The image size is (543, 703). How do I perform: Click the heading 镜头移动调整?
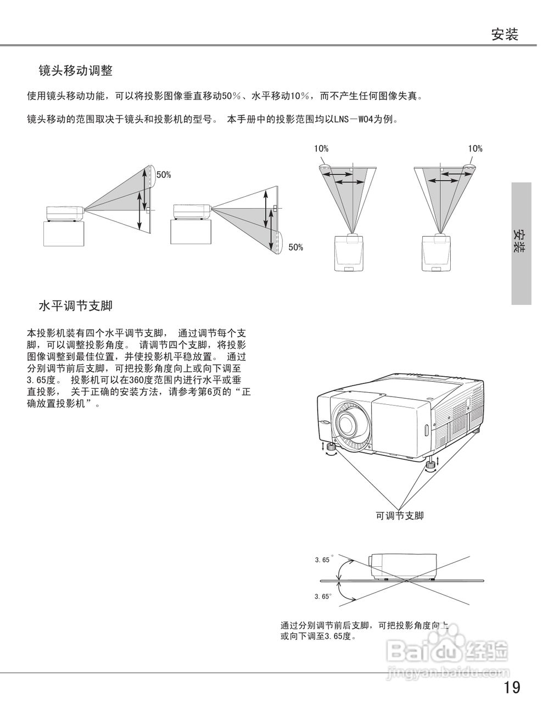coord(75,71)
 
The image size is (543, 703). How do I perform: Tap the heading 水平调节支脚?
coord(75,306)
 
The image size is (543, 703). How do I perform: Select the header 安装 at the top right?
coord(505,35)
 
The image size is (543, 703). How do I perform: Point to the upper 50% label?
coord(164,175)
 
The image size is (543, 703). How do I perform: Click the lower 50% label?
coord(295,248)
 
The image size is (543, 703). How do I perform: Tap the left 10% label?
coord(321,149)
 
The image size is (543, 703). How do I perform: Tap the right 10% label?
coord(475,149)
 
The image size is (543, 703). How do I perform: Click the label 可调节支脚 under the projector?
coord(399,516)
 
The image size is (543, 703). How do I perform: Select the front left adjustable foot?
coord(331,449)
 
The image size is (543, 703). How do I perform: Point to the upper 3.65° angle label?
coord(323,560)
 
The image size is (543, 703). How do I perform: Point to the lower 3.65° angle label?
coord(323,596)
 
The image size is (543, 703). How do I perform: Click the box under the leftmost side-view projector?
coord(64,234)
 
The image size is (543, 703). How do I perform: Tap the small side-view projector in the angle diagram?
coord(403,566)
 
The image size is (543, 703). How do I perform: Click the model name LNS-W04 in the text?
coord(354,119)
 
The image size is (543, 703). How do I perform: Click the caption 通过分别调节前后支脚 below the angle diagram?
coord(365,626)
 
